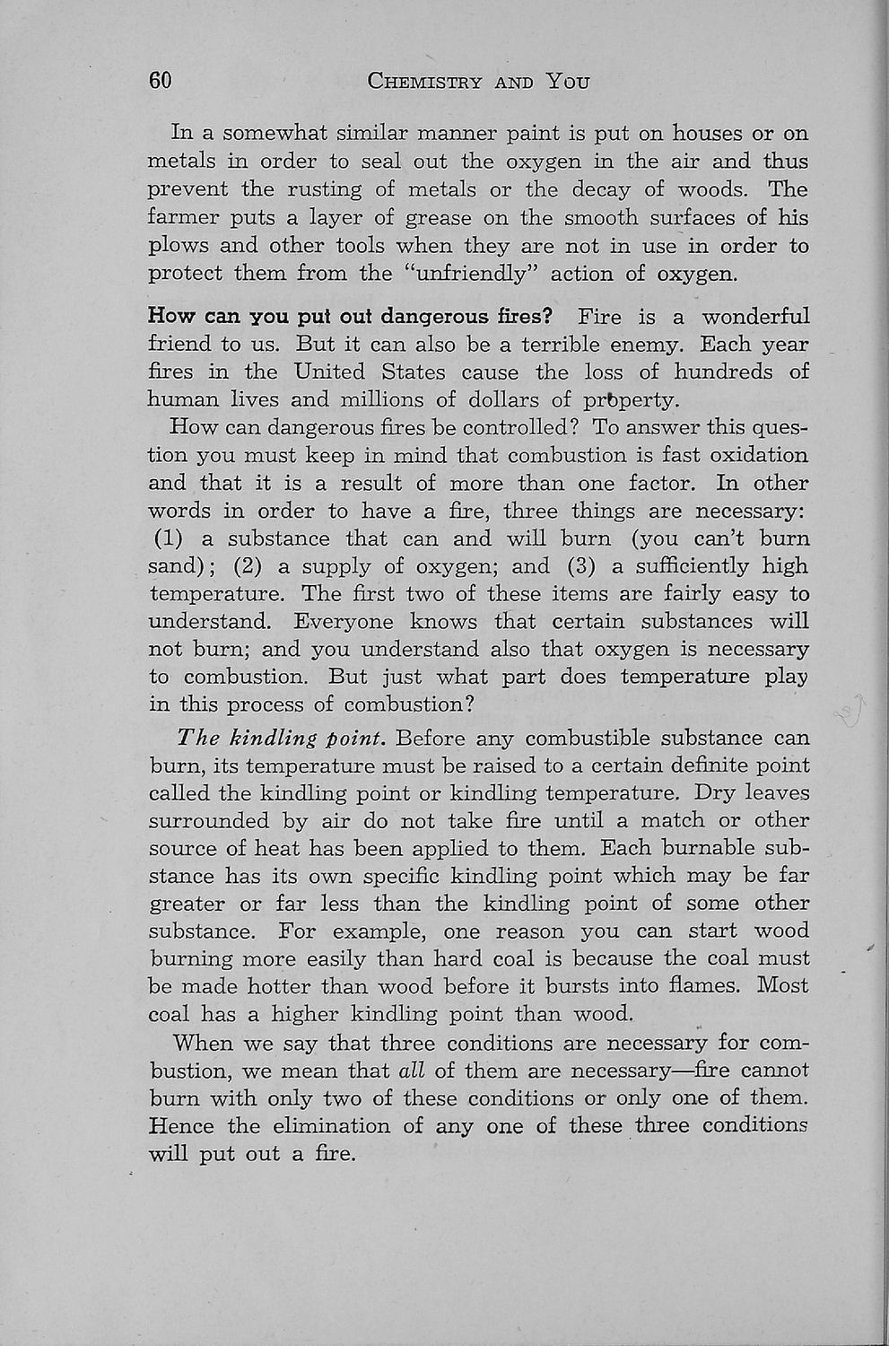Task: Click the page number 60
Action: [160, 81]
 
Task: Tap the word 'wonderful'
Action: [754, 317]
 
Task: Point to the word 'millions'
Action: [394, 400]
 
